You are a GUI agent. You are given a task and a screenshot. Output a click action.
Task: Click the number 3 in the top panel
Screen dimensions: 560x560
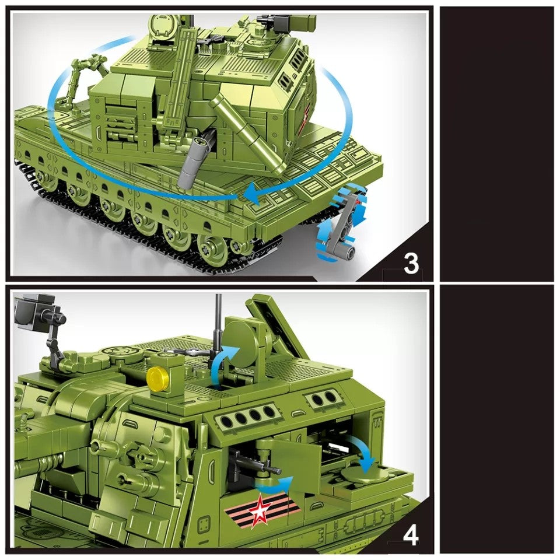point(411,264)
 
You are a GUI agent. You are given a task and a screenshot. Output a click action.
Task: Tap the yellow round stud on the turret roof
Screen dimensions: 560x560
point(156,377)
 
